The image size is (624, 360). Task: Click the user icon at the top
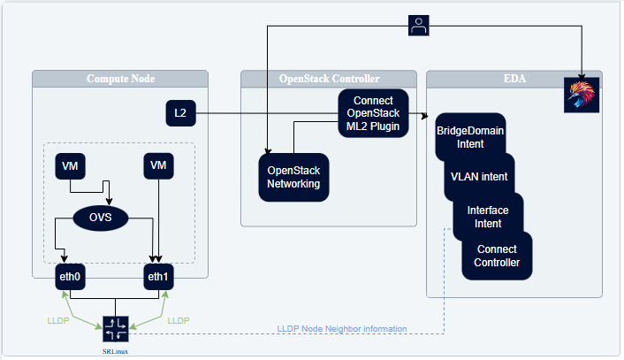click(x=419, y=26)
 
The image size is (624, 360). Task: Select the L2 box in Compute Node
click(x=180, y=113)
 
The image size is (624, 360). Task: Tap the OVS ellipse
click(x=101, y=218)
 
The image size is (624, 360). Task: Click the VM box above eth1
click(x=158, y=165)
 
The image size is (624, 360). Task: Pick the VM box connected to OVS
click(x=70, y=166)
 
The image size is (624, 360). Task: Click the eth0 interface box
click(x=70, y=277)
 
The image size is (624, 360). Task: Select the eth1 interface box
click(x=158, y=277)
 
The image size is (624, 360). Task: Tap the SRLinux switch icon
click(x=116, y=329)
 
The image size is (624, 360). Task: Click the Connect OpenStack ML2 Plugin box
click(x=373, y=113)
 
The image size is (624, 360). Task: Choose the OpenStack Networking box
click(x=293, y=177)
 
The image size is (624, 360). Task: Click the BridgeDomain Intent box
click(x=470, y=137)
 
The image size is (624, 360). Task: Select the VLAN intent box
click(x=479, y=177)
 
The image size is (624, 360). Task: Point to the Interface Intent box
click(x=488, y=217)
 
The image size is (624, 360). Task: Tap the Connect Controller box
click(x=497, y=256)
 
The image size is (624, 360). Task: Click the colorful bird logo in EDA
click(x=582, y=96)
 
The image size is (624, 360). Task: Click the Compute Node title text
click(x=120, y=79)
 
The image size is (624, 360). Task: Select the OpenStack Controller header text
click(x=329, y=79)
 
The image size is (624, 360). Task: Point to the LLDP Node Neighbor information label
click(x=342, y=329)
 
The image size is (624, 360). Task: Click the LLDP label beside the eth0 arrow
click(x=58, y=320)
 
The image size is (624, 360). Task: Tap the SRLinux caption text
click(x=115, y=351)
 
